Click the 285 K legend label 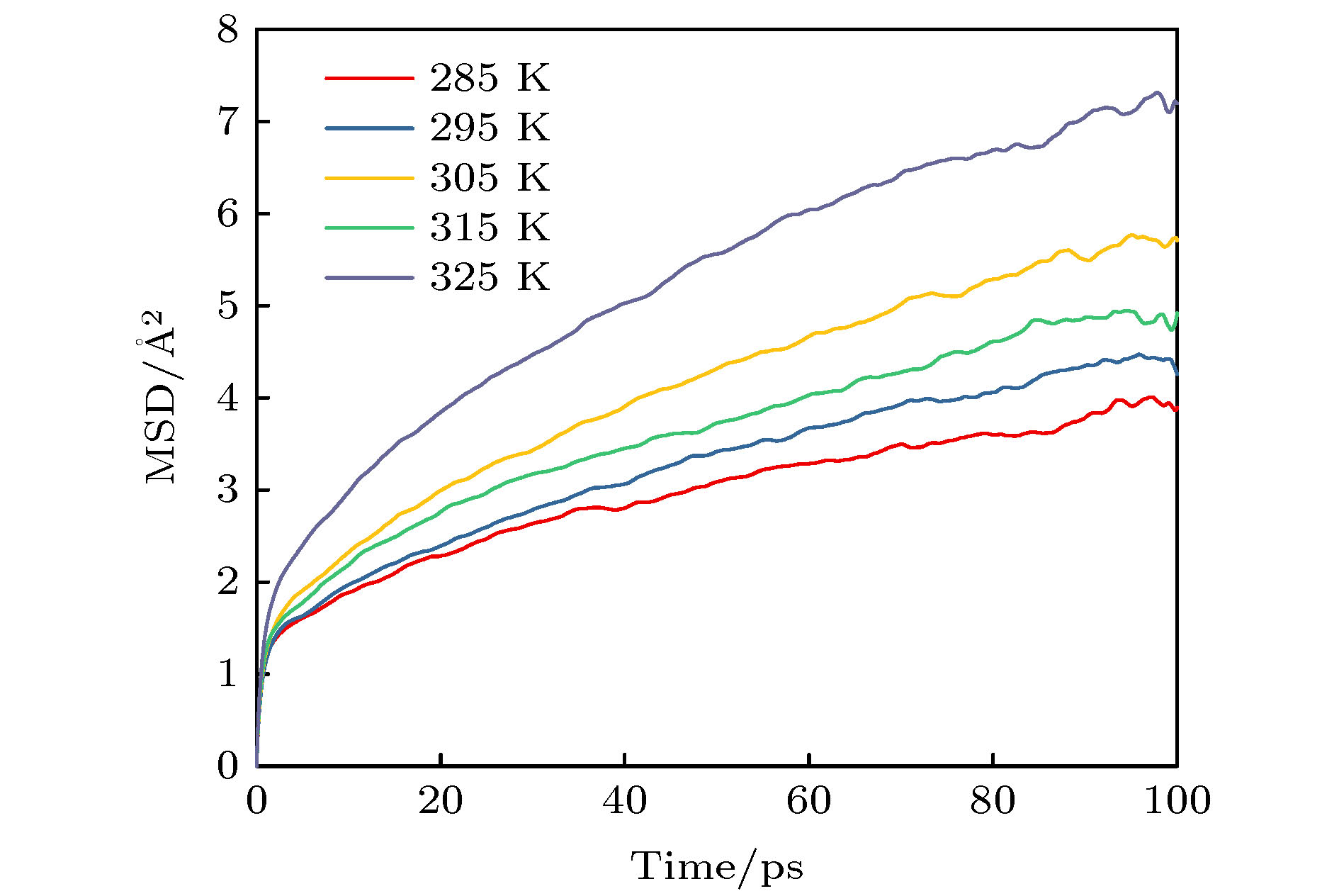(x=490, y=78)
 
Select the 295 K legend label (x=490, y=128)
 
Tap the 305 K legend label (x=490, y=177)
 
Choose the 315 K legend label (x=490, y=228)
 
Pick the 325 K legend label (x=490, y=277)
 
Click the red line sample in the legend (x=368, y=78)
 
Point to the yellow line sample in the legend (x=368, y=178)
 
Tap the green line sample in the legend (x=368, y=228)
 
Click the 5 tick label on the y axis (x=227, y=306)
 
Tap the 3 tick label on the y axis (x=227, y=491)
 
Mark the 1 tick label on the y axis (x=227, y=674)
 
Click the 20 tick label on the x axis (x=440, y=802)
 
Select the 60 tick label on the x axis (x=808, y=802)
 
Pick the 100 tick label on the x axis (x=1177, y=802)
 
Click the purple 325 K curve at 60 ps (x=808, y=210)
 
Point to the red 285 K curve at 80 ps (x=993, y=434)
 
